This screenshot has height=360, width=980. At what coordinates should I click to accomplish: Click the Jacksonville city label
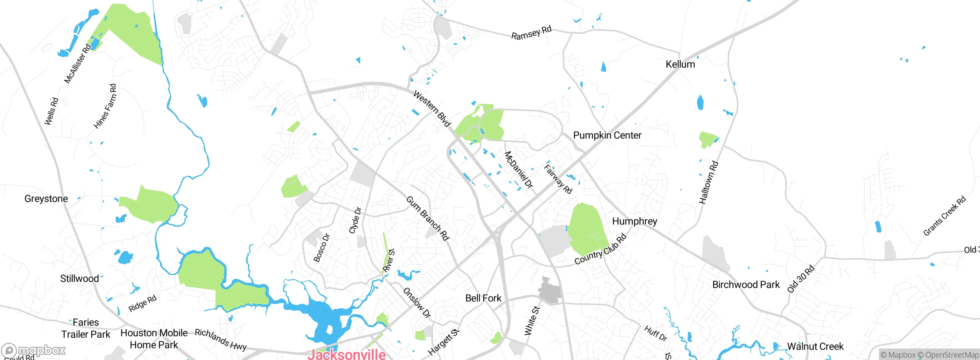346,354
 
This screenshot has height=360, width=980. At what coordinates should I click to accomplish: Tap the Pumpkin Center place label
607,135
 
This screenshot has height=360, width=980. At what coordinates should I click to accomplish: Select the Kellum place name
680,64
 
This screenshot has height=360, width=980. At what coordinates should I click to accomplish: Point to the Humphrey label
634,221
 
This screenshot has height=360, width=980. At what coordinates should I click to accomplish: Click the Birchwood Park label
746,285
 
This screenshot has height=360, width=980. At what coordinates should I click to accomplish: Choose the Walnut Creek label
815,346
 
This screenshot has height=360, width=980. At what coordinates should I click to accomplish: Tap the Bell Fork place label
483,298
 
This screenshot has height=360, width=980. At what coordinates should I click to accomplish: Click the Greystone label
46,198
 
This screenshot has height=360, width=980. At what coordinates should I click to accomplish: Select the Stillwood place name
79,278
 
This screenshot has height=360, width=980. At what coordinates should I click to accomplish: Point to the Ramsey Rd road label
531,33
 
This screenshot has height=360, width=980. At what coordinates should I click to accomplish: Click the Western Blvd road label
432,109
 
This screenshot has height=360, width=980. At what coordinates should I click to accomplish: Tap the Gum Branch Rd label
427,218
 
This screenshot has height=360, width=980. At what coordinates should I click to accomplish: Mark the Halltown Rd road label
709,182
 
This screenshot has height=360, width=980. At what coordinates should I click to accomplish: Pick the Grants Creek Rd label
944,216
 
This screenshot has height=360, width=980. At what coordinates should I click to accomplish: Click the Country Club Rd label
600,249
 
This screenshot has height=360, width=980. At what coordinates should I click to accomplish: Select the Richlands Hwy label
220,339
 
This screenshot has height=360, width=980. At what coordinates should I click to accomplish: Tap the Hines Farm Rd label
105,106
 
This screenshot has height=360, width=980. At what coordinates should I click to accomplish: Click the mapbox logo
34,350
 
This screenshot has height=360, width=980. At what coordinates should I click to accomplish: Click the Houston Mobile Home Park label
154,339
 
